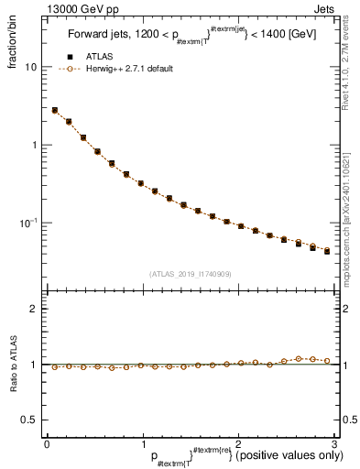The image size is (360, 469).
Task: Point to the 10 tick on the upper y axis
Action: tap(31, 67)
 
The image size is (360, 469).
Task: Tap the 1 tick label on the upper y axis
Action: tap(34, 145)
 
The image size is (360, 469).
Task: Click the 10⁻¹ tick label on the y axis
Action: tap(27, 223)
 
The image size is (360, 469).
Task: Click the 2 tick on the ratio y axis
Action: tap(34, 309)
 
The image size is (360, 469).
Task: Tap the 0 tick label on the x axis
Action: tap(47, 444)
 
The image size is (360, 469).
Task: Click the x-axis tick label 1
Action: tap(143, 444)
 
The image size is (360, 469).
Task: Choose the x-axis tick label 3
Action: tap(333, 444)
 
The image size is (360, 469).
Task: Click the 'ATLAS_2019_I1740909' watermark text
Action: tap(190, 274)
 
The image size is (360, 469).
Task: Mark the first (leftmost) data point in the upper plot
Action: tap(55, 110)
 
